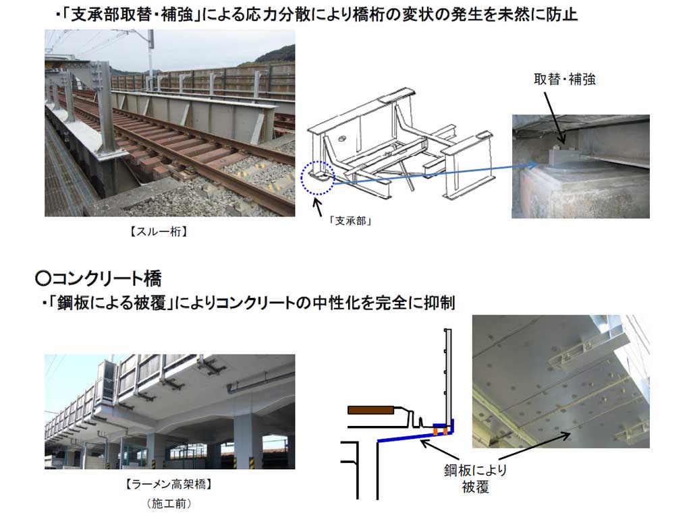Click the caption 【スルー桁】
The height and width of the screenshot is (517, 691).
(159, 232)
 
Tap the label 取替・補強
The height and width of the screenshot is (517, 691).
(565, 80)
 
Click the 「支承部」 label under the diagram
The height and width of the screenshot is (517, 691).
(351, 221)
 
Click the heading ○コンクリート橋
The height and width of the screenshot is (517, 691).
(99, 278)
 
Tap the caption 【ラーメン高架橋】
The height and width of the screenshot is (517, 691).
(169, 485)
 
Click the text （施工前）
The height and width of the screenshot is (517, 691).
(169, 503)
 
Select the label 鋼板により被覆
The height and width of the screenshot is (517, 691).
(476, 479)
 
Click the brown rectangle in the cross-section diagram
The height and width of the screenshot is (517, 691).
(370, 410)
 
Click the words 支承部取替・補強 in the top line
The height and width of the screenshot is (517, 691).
(132, 16)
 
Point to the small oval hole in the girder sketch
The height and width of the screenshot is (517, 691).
(343, 139)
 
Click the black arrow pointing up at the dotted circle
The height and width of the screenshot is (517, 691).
(319, 207)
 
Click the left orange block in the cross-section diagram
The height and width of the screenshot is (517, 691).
(435, 431)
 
